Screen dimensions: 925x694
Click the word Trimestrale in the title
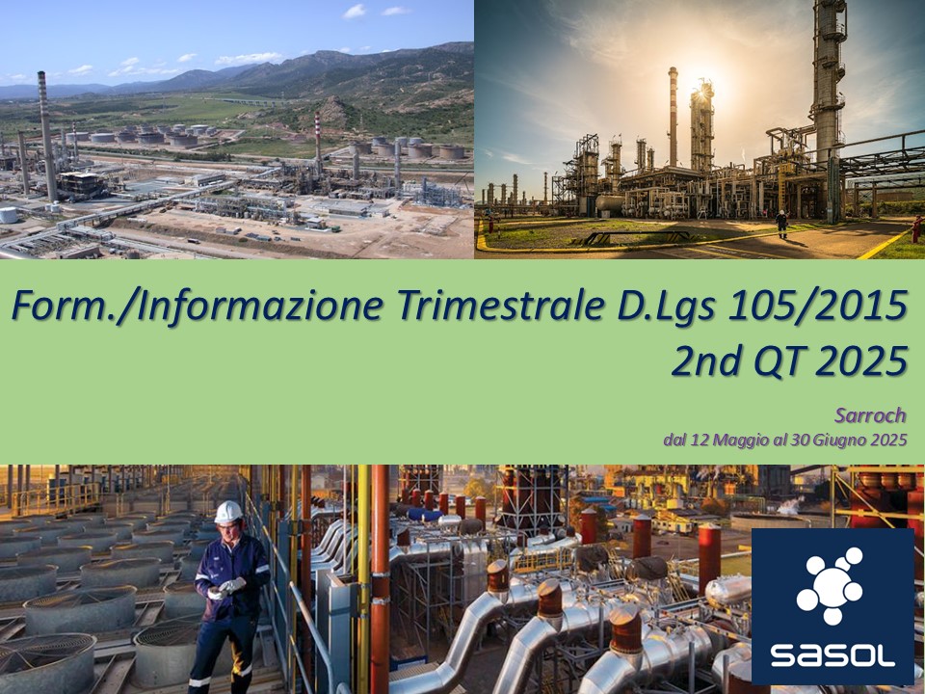coord(501,306)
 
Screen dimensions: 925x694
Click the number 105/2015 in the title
coord(818,306)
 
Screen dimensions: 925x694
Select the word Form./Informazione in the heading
coord(198,306)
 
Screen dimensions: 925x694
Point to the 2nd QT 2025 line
coord(789,360)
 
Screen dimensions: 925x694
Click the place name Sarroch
coord(871,415)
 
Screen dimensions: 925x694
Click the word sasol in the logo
coord(832,655)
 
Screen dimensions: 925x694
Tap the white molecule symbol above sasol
coord(830,585)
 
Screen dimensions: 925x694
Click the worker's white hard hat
coord(228,512)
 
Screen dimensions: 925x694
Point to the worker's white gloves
coord(228,587)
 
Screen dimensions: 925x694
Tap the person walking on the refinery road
coord(781,224)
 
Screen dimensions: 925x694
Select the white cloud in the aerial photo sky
coord(249,59)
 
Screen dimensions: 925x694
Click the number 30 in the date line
coord(801,440)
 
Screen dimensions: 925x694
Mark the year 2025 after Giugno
coord(887,440)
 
